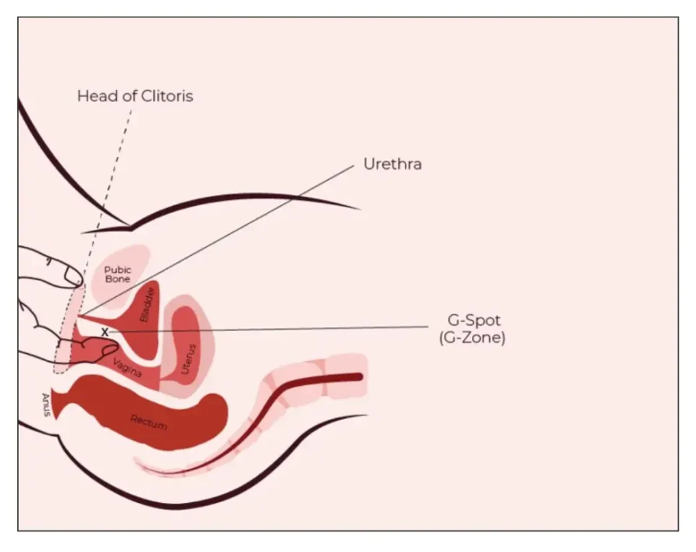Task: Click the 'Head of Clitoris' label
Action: click(135, 96)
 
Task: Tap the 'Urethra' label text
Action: click(392, 164)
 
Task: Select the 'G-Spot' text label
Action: click(473, 320)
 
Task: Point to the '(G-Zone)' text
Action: click(472, 338)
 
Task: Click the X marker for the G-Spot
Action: click(105, 332)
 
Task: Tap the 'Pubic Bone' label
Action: click(118, 275)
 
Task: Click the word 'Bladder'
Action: click(147, 304)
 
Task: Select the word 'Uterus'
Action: click(188, 359)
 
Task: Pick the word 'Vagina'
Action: click(127, 368)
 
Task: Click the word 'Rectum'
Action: click(149, 422)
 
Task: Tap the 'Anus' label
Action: click(46, 405)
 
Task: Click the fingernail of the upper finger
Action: click(73, 276)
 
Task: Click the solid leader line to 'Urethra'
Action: click(216, 241)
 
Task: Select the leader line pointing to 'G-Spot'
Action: click(269, 329)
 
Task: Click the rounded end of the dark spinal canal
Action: click(359, 376)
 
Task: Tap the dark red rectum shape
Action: click(147, 413)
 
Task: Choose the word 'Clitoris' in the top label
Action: click(167, 96)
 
